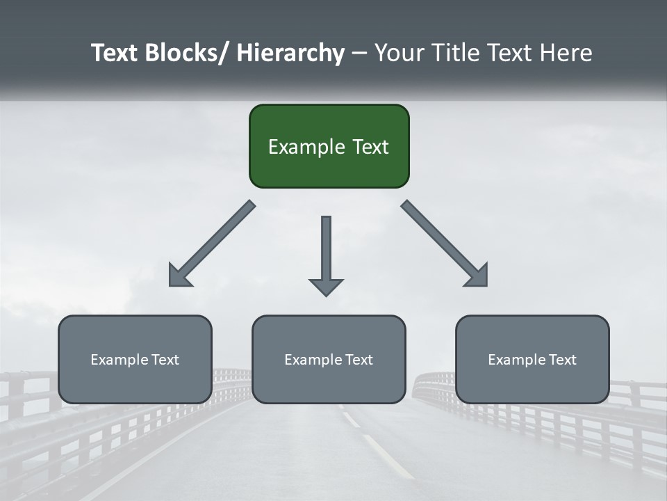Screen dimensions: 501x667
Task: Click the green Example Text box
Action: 329,146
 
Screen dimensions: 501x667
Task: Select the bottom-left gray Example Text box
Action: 135,359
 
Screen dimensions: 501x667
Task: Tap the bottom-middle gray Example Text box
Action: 329,359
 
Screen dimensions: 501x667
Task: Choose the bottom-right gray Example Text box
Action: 532,359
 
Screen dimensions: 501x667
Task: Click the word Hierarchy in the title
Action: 290,53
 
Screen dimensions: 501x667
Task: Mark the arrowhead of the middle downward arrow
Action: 326,287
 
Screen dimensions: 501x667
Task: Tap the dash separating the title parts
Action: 359,53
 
